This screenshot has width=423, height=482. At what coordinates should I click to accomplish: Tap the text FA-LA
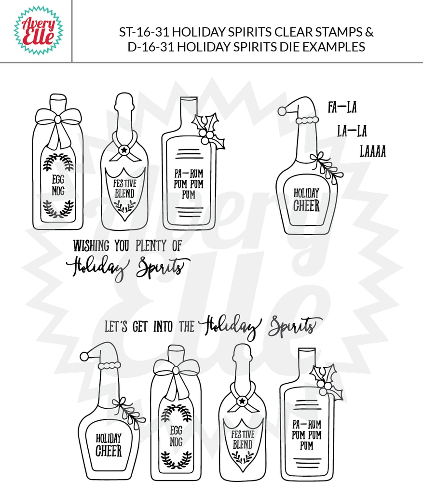point(341,107)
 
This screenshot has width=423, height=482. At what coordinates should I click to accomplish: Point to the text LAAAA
point(372,152)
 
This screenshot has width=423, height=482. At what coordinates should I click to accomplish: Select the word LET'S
point(116,326)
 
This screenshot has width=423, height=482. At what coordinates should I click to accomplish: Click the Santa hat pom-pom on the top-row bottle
point(283,111)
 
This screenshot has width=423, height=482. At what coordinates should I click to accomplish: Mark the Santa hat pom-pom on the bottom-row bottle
point(84,357)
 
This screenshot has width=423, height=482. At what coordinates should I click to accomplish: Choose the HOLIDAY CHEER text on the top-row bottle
point(306,200)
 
